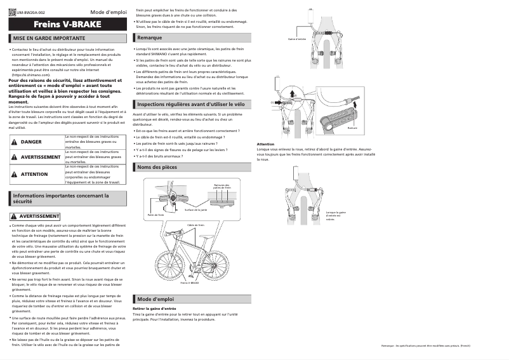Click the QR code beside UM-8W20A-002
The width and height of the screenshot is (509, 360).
pyautogui.click(x=12, y=12)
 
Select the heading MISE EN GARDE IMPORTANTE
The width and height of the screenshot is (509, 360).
pyautogui.click(x=50, y=39)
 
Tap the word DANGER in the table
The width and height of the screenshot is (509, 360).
pyautogui.click(x=31, y=142)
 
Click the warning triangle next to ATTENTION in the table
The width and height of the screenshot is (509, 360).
pyautogui.click(x=14, y=174)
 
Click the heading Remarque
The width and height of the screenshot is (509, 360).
pyautogui.click(x=149, y=38)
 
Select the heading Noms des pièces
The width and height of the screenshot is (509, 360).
pyautogui.click(x=157, y=167)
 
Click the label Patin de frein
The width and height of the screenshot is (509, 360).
pyautogui.click(x=156, y=215)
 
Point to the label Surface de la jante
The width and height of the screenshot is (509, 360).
pyautogui.click(x=195, y=210)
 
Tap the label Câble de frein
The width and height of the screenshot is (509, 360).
pyautogui.click(x=195, y=225)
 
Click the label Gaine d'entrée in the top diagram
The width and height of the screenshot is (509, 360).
pyautogui.click(x=297, y=39)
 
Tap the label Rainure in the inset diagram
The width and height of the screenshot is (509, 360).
pyautogui.click(x=352, y=127)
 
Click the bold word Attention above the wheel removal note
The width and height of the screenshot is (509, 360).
pyautogui.click(x=265, y=144)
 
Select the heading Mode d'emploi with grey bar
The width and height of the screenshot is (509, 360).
pyautogui.click(x=155, y=298)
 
